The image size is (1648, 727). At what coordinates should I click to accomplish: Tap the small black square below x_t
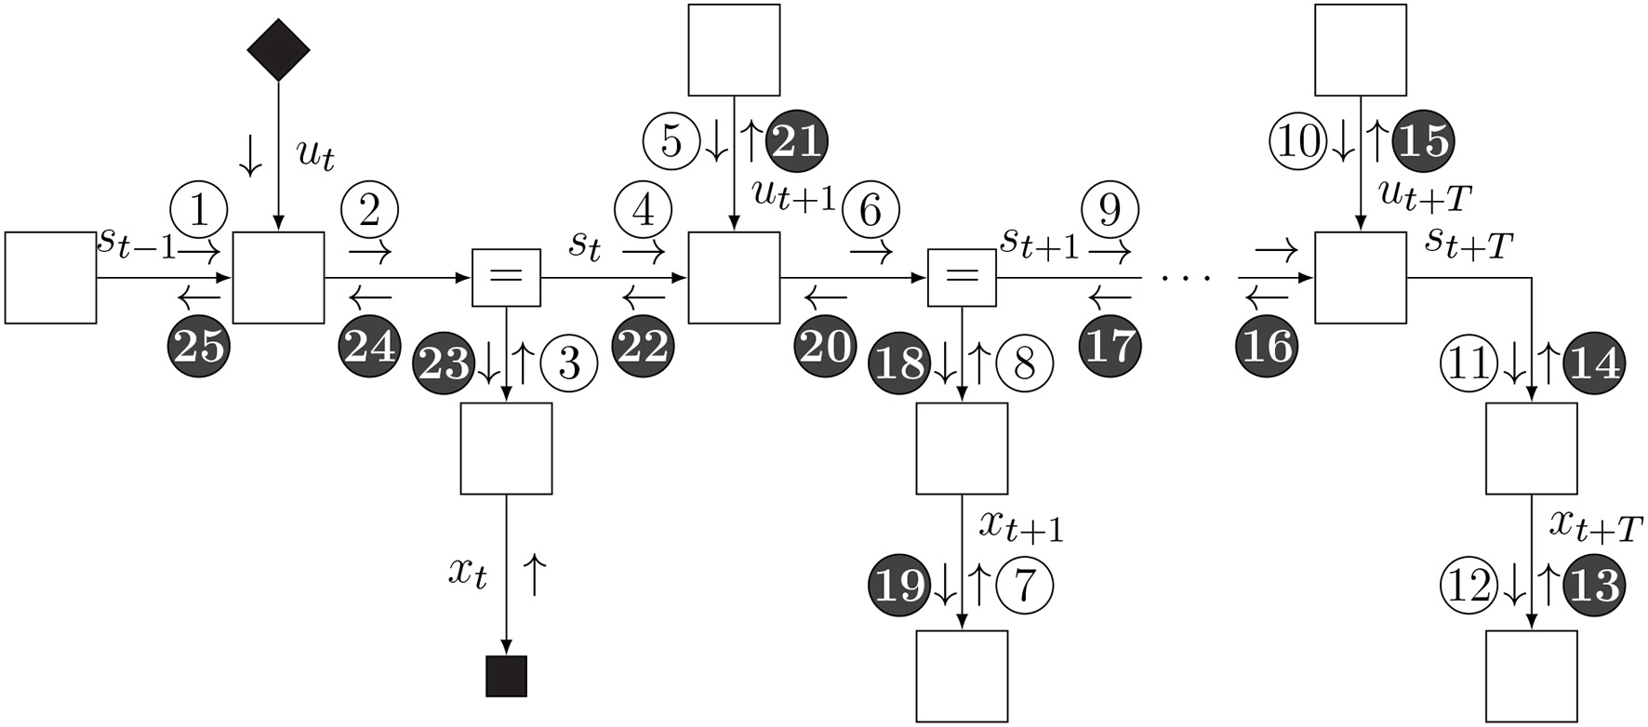click(x=506, y=676)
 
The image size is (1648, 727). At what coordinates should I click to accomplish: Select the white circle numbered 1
click(x=199, y=211)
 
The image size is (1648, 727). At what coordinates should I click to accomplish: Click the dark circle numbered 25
click(x=198, y=346)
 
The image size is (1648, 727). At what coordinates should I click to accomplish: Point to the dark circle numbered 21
click(x=796, y=141)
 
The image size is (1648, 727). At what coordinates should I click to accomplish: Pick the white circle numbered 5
click(x=671, y=141)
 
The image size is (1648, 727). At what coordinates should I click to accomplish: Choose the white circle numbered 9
click(x=1110, y=212)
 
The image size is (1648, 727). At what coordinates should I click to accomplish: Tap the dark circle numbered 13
click(x=1594, y=586)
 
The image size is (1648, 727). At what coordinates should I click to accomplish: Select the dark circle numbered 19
click(x=899, y=586)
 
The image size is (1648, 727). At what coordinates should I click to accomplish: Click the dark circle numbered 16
click(x=1267, y=346)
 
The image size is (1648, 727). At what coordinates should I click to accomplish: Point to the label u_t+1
click(x=792, y=195)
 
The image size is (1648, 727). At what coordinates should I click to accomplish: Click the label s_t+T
click(x=1469, y=245)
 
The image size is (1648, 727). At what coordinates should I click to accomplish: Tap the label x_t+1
click(x=1020, y=526)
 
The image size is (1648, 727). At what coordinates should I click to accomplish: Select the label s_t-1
click(x=136, y=243)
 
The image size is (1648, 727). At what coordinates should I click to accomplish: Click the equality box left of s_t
click(x=506, y=277)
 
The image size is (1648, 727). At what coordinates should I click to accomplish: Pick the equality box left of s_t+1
click(x=962, y=277)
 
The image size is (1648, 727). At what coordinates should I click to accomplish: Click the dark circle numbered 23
click(x=444, y=364)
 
